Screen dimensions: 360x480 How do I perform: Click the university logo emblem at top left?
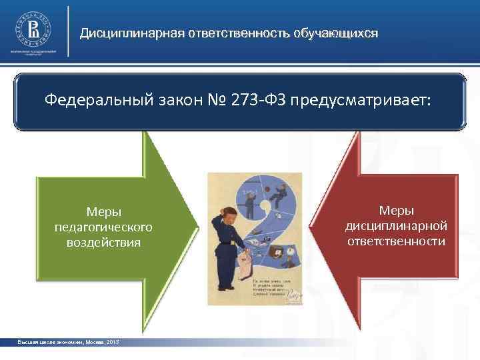(33, 27)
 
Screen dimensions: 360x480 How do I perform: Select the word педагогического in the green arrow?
(104, 227)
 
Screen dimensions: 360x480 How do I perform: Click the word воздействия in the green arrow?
(104, 242)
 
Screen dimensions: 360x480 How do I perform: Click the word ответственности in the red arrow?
(396, 240)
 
